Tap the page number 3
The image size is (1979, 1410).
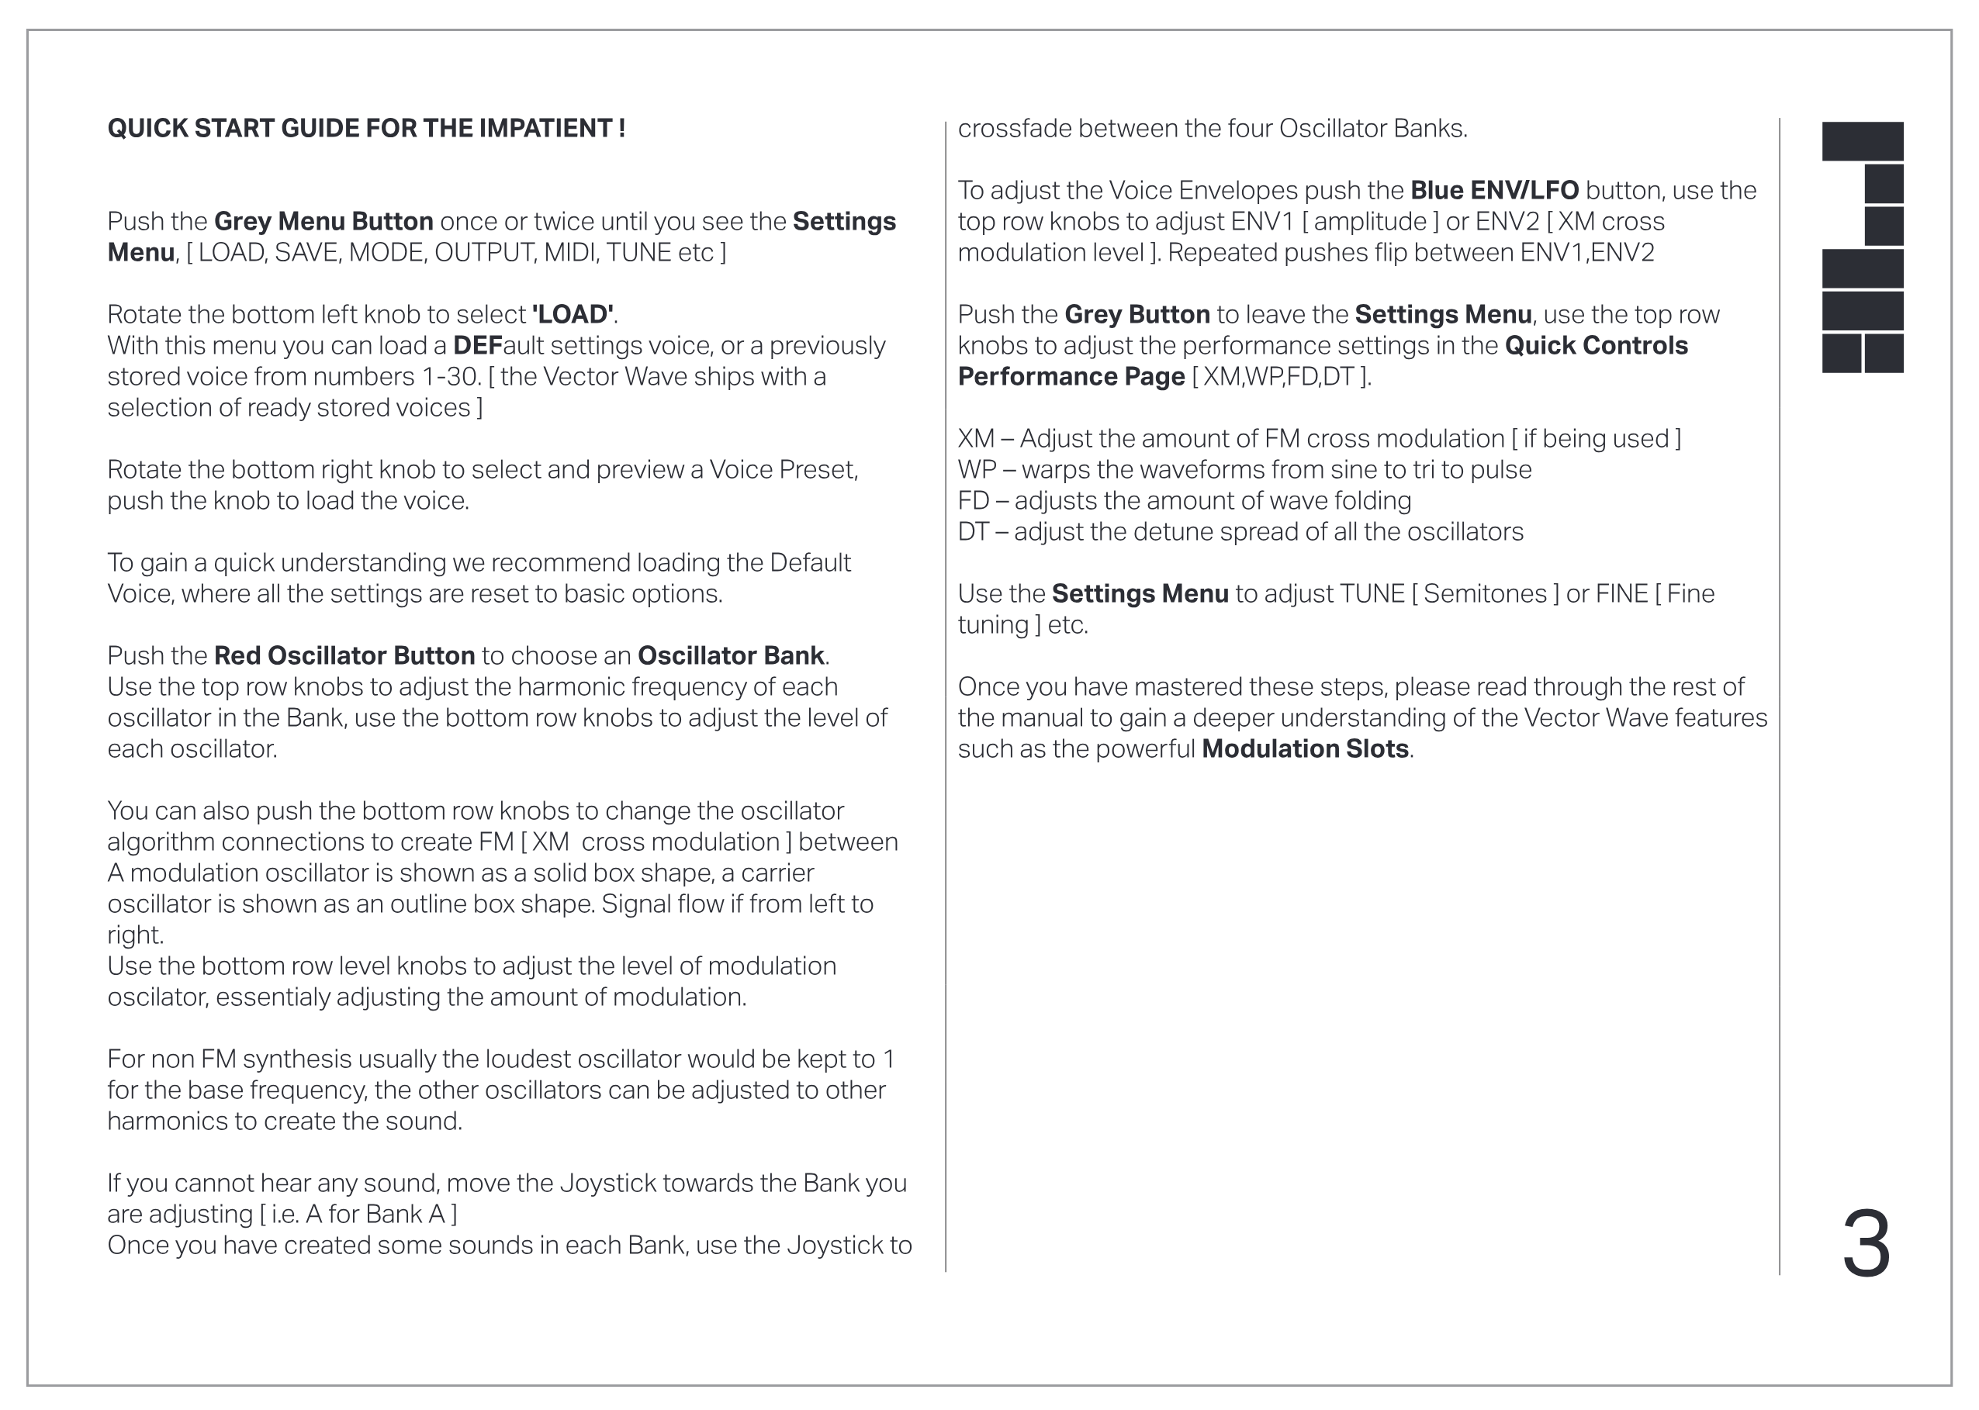[x=1865, y=1245]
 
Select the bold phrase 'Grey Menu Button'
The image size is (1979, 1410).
[x=323, y=221]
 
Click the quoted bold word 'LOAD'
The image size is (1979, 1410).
[x=573, y=314]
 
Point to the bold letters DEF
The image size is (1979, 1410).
[x=478, y=346]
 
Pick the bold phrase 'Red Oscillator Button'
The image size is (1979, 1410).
[x=344, y=655]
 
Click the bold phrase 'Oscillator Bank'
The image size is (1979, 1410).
[x=730, y=655]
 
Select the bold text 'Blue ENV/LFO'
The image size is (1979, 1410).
[x=1493, y=190]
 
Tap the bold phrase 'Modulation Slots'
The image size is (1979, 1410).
[x=1304, y=748]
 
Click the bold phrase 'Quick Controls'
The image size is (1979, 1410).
[x=1596, y=346]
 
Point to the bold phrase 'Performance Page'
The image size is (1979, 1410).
[x=1071, y=377]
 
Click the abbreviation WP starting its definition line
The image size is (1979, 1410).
[x=976, y=470]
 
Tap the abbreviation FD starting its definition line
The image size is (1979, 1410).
[x=973, y=501]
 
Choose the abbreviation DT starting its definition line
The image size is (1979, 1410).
[x=973, y=531]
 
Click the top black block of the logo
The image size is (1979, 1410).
[x=1862, y=140]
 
